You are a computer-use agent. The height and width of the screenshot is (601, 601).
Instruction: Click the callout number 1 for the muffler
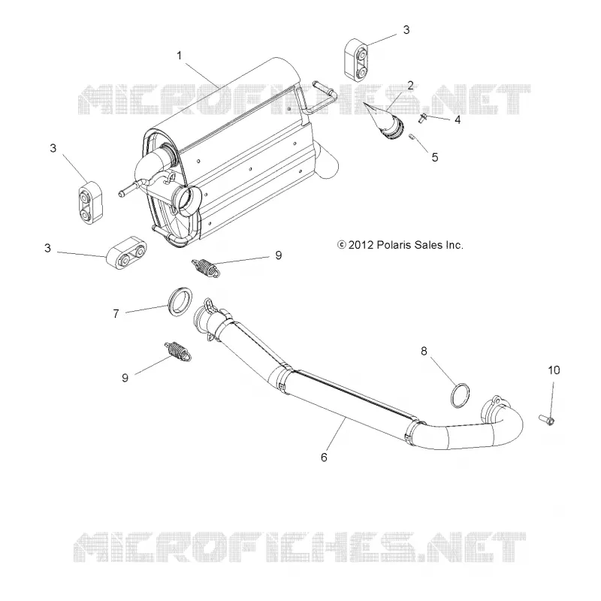[179, 56]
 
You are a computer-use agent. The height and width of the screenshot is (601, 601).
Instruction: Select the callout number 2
[410, 86]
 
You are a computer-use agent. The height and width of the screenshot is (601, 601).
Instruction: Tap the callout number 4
[458, 120]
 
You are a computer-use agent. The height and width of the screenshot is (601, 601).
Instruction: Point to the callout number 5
[435, 158]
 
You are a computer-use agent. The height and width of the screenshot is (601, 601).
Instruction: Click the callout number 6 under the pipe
[324, 458]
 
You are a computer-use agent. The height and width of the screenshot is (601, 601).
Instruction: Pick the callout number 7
[116, 314]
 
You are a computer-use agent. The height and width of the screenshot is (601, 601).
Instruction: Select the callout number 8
[424, 351]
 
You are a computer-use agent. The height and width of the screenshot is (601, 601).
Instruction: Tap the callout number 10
[554, 370]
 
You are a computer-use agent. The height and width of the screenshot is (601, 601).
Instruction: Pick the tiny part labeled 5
[412, 137]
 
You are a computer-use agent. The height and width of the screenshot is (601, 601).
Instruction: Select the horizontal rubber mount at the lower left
[127, 252]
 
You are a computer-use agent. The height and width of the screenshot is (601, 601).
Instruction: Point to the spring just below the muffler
[206, 267]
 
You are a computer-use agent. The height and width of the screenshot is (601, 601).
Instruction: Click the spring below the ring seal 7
[177, 351]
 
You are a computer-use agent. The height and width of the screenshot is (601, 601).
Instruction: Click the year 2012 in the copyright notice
[361, 246]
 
